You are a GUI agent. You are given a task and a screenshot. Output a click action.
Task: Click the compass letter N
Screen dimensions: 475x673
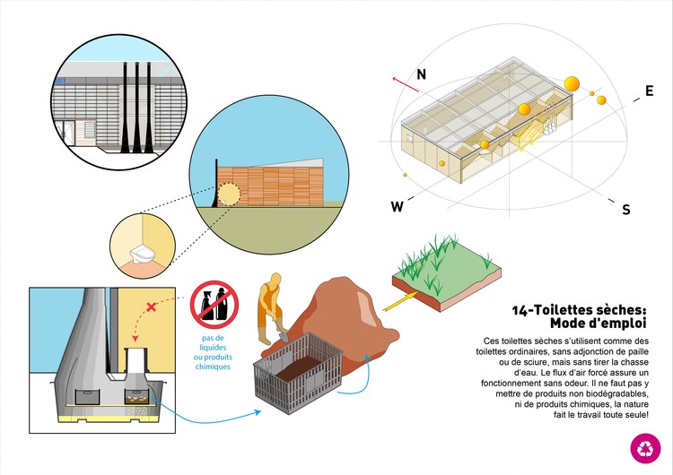coord(420,74)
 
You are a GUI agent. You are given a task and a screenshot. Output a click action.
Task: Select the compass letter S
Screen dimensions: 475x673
coord(625,210)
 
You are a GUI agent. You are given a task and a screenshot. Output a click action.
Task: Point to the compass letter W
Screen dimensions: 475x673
coord(397,207)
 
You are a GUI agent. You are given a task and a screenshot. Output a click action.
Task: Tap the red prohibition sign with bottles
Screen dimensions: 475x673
coord(214,305)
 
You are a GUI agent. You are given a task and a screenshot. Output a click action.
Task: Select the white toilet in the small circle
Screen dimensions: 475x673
coord(142,255)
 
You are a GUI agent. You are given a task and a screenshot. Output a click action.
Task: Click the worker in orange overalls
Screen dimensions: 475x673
coord(267,310)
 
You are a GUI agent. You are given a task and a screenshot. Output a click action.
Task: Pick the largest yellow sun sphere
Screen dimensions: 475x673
coord(571,84)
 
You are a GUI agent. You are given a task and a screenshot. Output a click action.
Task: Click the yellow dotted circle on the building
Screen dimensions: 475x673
coord(230,194)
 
